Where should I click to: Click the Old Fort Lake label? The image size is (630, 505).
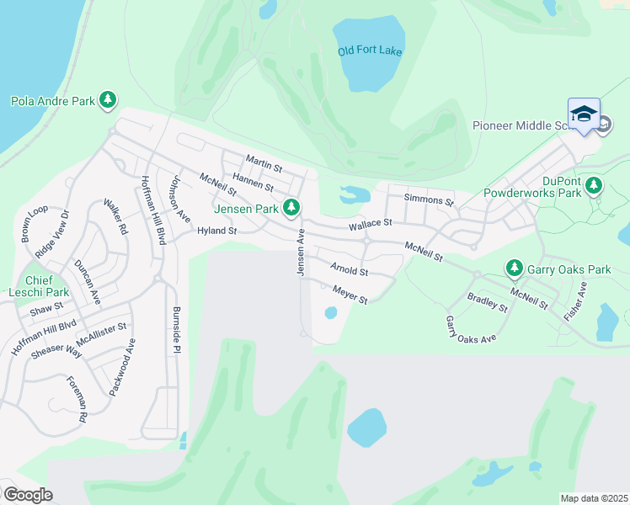371,51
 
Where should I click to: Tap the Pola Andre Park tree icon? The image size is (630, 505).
108,101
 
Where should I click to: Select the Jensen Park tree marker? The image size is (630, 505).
292,206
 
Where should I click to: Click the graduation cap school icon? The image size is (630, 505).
584,115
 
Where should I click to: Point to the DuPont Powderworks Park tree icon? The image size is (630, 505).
595,184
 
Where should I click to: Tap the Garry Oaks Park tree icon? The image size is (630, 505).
514,268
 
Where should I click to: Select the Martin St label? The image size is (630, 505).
263,160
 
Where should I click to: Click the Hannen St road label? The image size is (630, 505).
254,181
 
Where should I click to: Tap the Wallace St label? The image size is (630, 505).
371,224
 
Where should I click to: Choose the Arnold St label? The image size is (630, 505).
350,270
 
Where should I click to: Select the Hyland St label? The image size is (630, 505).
217,231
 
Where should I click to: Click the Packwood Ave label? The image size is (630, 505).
120,367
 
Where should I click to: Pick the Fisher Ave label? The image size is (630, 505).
576,300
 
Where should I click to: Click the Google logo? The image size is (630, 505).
28,495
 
